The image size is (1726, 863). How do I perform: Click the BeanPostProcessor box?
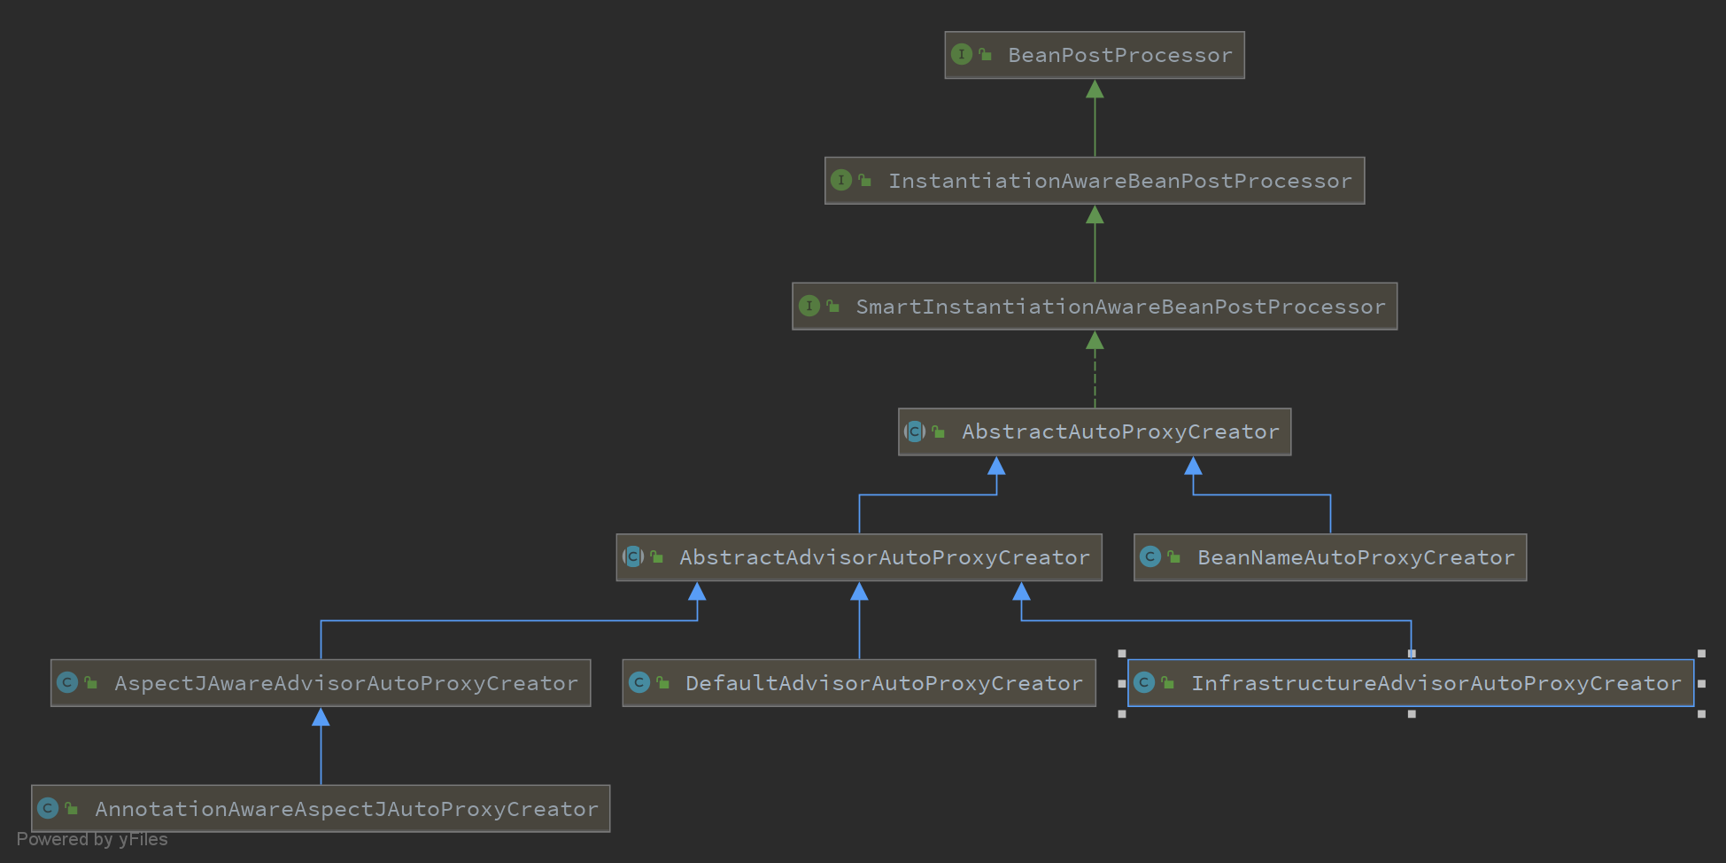1095,55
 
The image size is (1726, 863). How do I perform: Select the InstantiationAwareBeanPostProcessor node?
1095,181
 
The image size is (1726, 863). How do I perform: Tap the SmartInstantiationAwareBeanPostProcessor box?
1095,307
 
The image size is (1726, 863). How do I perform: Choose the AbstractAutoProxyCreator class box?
1095,432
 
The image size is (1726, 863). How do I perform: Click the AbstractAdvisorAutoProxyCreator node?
859,557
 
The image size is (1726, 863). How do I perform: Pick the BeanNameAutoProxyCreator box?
1330,557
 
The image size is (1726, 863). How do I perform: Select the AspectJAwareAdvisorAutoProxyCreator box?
321,683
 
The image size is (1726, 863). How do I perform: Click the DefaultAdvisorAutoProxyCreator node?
859,683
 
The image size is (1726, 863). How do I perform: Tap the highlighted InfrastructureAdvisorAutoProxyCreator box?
1411,683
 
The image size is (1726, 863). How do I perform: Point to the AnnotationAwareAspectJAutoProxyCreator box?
321,809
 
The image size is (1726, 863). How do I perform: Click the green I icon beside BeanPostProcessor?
962,54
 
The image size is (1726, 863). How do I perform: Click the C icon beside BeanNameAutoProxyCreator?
1150,556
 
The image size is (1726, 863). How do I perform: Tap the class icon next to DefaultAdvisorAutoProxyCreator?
639,682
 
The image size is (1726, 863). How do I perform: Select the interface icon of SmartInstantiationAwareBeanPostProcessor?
809,306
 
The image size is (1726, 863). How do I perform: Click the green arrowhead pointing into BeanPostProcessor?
1095,89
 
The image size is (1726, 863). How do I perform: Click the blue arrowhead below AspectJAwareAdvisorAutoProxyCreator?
321,717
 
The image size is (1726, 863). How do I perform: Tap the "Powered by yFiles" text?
92,839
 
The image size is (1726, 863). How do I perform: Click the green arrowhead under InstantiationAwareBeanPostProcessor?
1095,214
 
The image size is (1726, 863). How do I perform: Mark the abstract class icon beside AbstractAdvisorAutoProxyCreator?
633,556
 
